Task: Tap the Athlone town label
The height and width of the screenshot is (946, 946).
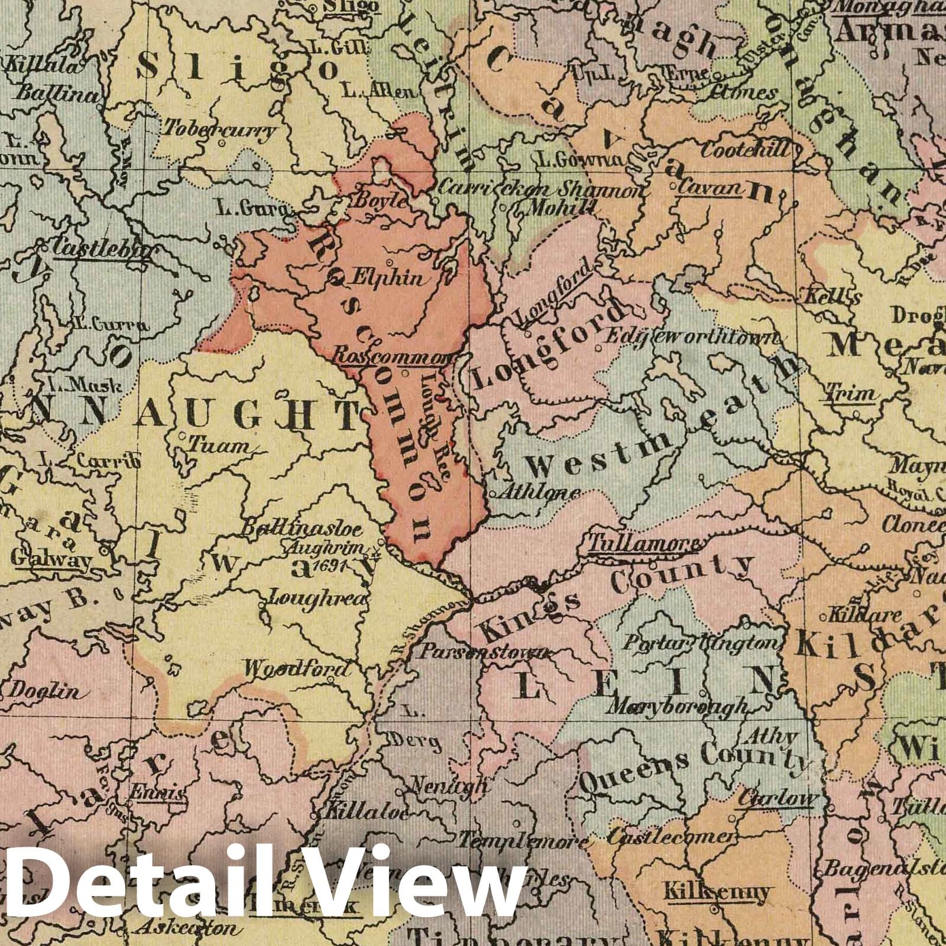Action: pyautogui.click(x=537, y=493)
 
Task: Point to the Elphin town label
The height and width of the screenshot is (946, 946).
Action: pyautogui.click(x=388, y=277)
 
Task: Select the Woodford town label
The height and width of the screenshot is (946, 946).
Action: pyautogui.click(x=296, y=669)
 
